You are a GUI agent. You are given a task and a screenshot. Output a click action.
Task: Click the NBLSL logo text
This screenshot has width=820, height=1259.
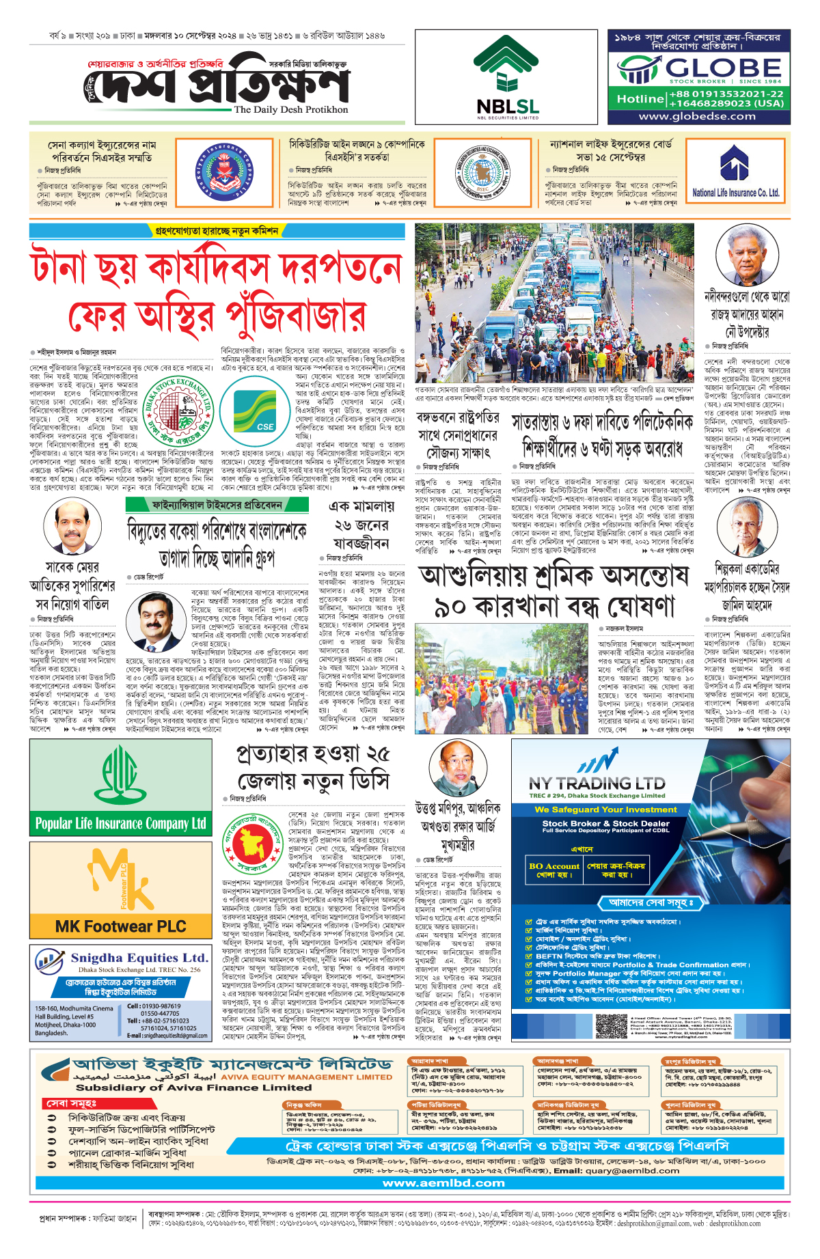click(508, 107)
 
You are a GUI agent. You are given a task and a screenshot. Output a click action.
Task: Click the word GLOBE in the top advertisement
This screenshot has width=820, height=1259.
click(724, 68)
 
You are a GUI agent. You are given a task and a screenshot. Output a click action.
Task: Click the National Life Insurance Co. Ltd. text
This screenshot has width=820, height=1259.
click(735, 193)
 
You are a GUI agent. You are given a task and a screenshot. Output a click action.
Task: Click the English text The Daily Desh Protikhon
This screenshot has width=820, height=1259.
click(291, 109)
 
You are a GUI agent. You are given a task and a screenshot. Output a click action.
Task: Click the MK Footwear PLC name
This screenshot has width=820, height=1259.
click(121, 926)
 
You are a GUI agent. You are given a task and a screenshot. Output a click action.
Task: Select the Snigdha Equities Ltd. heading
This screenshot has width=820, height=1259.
click(139, 958)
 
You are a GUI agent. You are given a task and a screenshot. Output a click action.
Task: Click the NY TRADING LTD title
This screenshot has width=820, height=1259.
click(597, 784)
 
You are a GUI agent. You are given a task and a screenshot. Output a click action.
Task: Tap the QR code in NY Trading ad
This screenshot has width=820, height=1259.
click(612, 1026)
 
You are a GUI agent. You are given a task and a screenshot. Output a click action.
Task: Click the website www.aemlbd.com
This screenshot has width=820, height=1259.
click(443, 1183)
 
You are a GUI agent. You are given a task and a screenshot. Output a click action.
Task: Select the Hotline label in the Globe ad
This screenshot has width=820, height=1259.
click(640, 99)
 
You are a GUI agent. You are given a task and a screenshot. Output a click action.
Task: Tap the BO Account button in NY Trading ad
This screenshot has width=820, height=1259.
click(553, 870)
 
